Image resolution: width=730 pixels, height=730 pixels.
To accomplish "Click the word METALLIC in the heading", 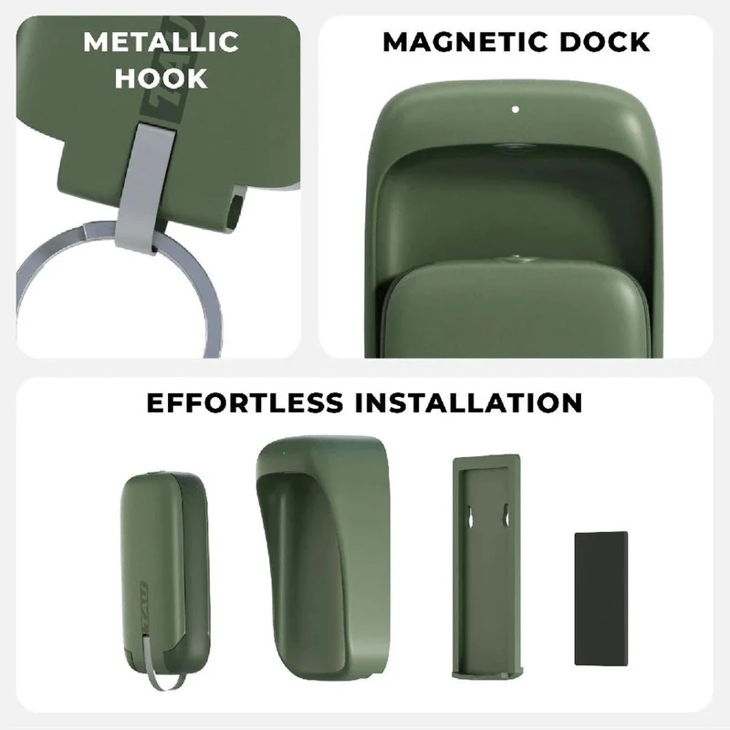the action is (x=162, y=42).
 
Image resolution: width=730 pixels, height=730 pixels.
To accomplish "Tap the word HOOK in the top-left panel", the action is (x=162, y=78).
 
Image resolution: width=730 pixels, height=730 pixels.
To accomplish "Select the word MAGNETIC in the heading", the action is (x=465, y=42).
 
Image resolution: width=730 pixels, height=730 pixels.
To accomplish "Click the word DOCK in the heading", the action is (x=604, y=42).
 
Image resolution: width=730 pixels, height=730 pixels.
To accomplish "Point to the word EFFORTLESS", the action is (x=245, y=402).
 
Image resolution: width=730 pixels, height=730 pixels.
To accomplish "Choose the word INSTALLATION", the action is (x=468, y=402).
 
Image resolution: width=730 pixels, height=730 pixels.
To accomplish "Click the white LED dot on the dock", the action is (x=515, y=109).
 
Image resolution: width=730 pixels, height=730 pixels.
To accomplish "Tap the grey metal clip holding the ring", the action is (x=145, y=186).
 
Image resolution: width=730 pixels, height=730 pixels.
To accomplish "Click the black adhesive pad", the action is (x=601, y=599).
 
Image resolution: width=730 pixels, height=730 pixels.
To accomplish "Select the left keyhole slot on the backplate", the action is (x=470, y=516).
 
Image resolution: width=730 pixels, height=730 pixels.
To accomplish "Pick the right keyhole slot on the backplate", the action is (x=505, y=515).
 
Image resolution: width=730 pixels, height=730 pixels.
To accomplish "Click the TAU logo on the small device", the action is (x=143, y=604).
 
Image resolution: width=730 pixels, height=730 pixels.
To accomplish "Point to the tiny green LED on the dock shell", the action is (x=283, y=452).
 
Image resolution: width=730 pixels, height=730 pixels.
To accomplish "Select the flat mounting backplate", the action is (x=486, y=566).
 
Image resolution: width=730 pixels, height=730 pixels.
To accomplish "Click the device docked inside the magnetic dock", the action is (x=516, y=308).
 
